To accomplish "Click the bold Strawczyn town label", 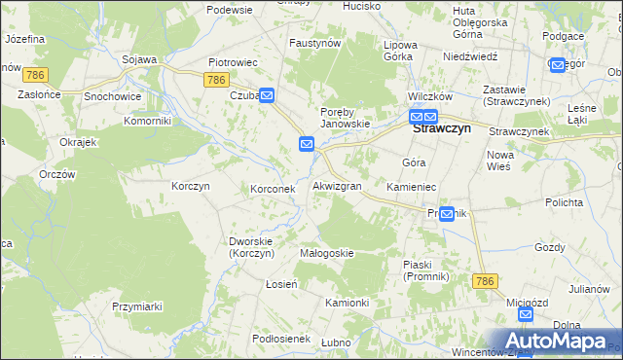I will coord(449,127).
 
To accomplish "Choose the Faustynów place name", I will coord(315,44).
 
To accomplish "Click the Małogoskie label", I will coord(327,253).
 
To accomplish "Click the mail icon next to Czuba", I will coord(267,95).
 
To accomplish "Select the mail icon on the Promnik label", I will coord(447,214).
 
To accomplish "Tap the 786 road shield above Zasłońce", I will coord(37,75).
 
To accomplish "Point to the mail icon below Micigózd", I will coord(526,314).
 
